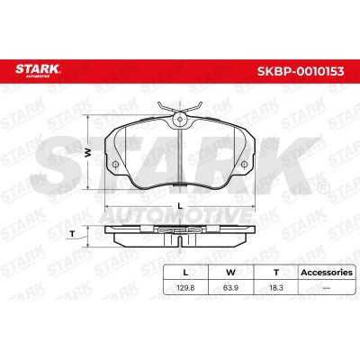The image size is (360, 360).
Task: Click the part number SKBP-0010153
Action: tap(301, 71)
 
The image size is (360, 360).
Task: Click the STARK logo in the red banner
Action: tap(38, 70)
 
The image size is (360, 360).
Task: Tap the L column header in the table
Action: tap(185, 273)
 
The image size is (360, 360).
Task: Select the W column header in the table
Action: tap(230, 273)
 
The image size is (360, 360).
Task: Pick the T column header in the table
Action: tap(276, 273)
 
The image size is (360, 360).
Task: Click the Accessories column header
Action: tap(327, 273)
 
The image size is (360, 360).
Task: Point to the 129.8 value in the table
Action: tap(185, 288)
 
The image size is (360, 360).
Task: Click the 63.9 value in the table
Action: tap(230, 288)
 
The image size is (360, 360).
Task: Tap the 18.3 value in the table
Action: tap(276, 288)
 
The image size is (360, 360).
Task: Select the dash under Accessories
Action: tap(327, 288)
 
